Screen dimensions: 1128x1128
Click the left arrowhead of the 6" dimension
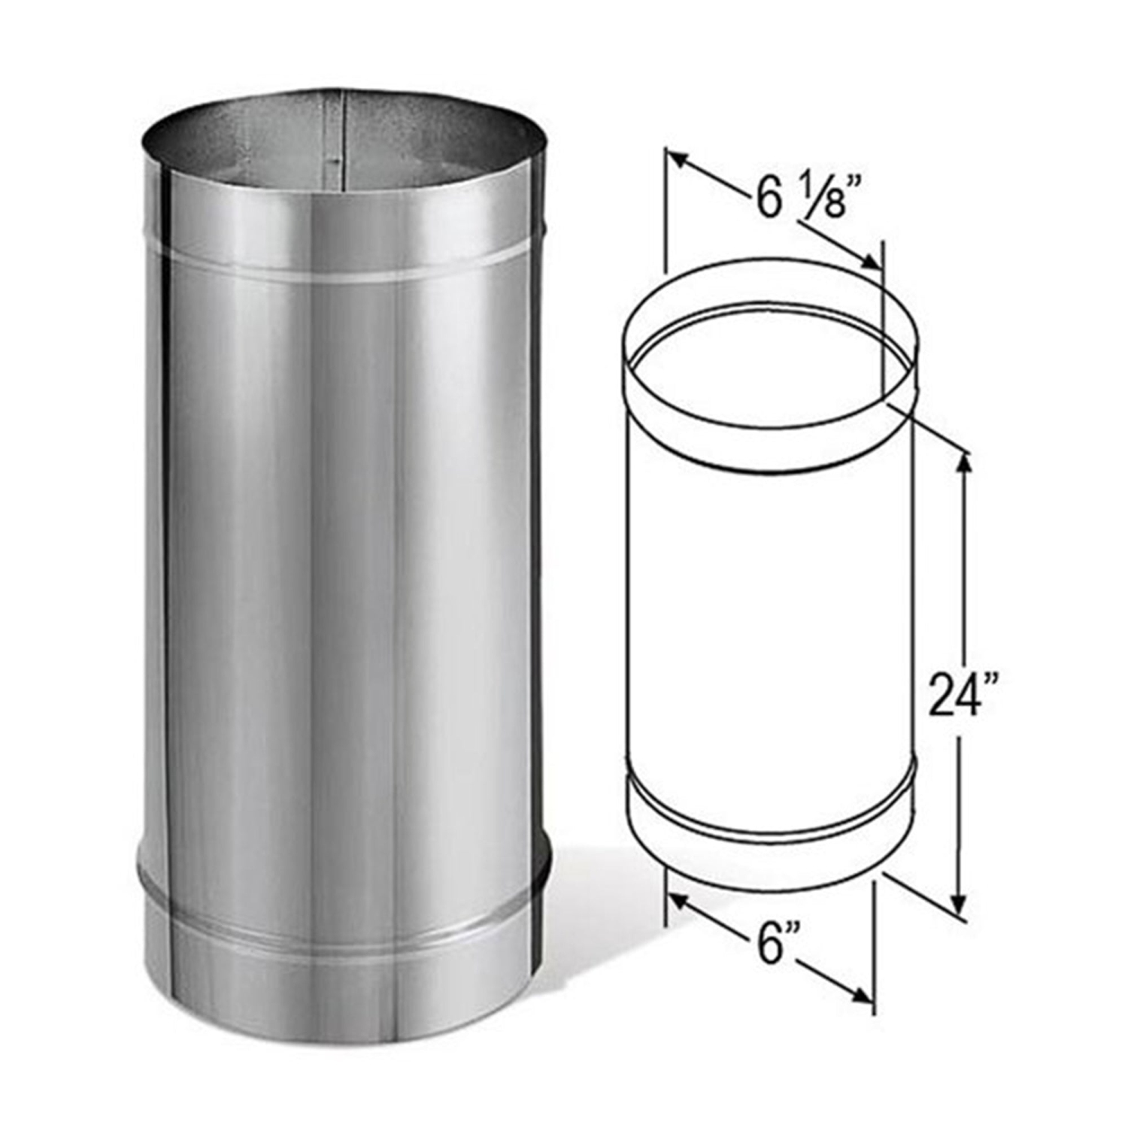point(678,900)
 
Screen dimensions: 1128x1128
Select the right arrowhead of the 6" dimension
point(864,997)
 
